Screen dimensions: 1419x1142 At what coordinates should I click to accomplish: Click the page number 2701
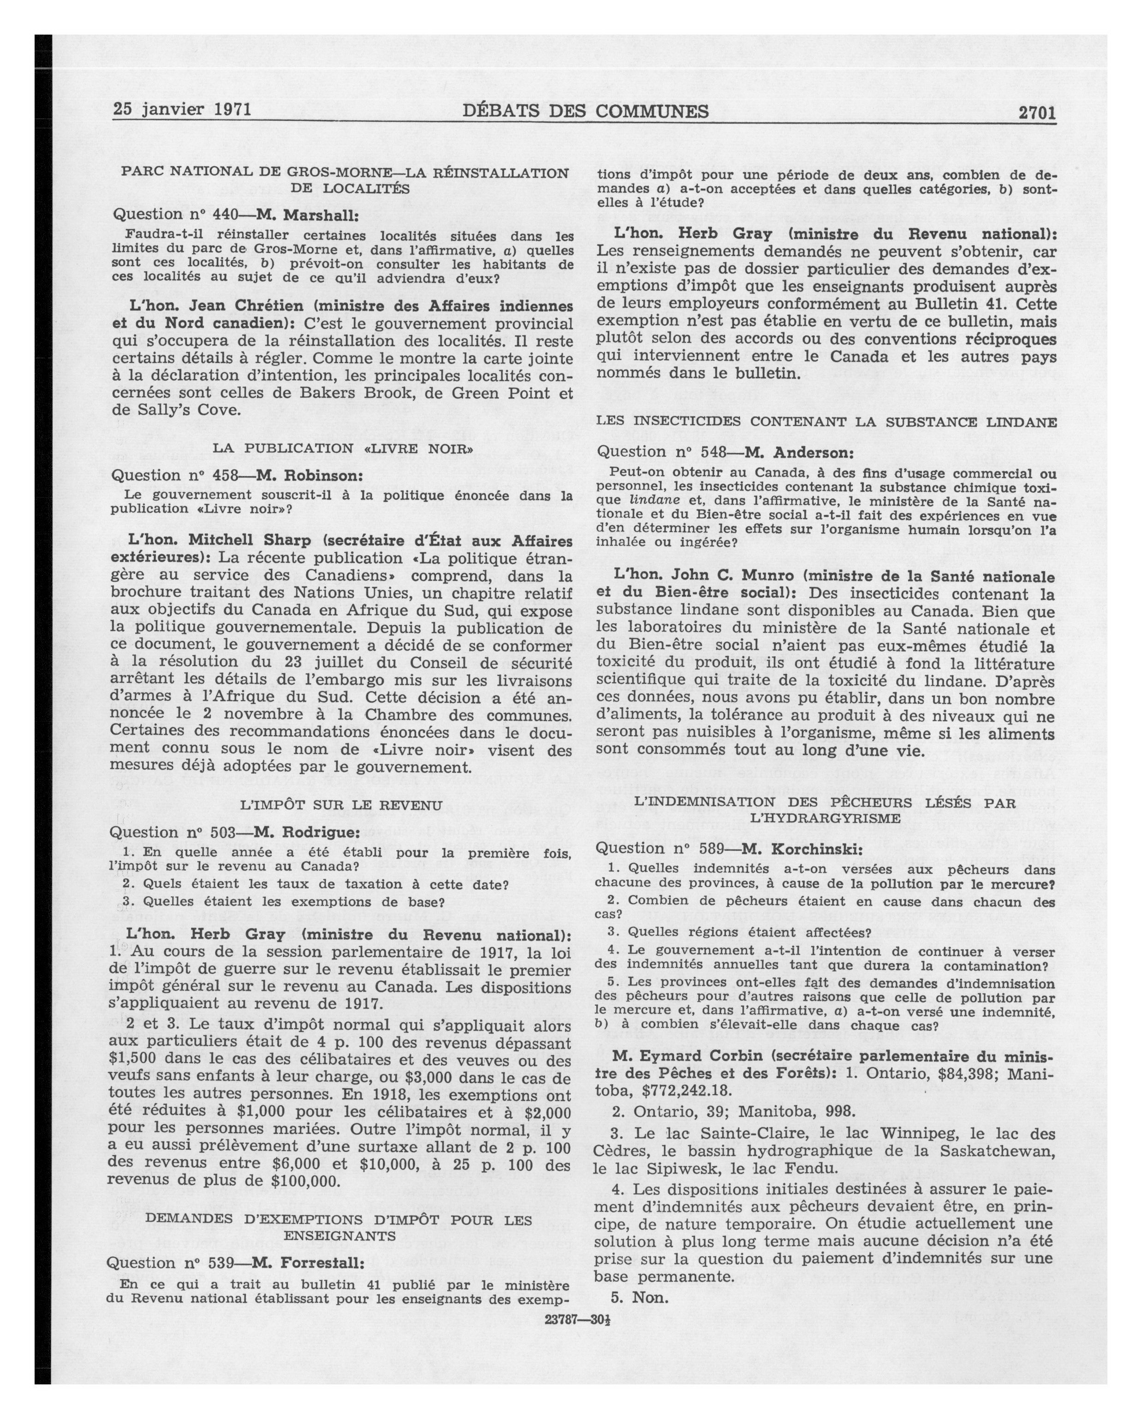pos(1037,113)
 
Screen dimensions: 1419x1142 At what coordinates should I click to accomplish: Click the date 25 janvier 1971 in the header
pos(182,108)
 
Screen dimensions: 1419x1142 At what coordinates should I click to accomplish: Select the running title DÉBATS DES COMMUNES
pos(585,111)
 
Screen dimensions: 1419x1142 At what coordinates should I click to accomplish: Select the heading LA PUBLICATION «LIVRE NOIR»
pos(342,449)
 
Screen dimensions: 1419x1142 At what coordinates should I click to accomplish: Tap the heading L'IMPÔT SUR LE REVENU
pos(341,805)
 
